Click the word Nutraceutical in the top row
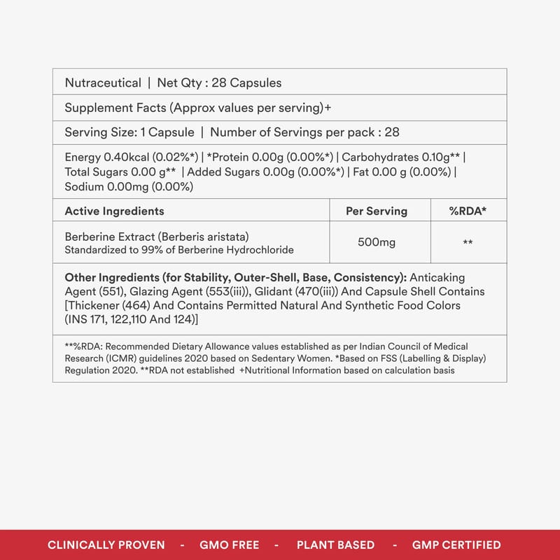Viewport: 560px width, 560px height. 103,83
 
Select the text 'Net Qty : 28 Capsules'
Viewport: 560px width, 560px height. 219,83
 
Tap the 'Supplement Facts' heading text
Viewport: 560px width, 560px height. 115,108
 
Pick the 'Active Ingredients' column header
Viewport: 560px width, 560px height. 114,211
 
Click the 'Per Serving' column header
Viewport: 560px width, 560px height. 377,211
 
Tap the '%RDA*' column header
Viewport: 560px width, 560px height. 468,211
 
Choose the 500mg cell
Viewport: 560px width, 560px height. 377,242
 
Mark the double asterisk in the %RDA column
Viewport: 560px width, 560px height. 468,243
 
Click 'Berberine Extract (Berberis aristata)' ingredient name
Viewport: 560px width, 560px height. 157,236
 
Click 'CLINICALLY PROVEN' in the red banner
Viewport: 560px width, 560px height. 106,545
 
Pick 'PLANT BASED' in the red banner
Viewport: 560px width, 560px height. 335,545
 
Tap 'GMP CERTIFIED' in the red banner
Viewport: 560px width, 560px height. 456,545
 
